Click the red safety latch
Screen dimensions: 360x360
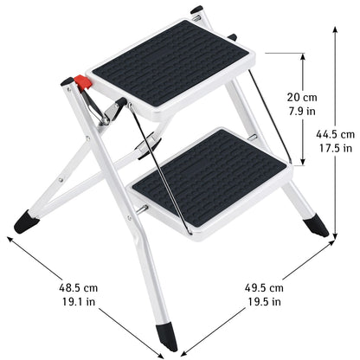tap(83, 81)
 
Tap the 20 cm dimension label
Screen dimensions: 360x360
tap(302, 97)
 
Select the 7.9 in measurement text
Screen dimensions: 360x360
tap(302, 111)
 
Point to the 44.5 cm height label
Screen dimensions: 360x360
tap(335, 134)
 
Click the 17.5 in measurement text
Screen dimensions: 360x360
tap(336, 148)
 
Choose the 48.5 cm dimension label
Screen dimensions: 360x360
tap(78, 287)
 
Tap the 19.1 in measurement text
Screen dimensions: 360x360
tap(79, 302)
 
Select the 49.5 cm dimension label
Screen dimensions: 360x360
tap(264, 287)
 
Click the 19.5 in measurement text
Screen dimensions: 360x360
tap(264, 302)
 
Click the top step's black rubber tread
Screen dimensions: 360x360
tap(170, 63)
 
